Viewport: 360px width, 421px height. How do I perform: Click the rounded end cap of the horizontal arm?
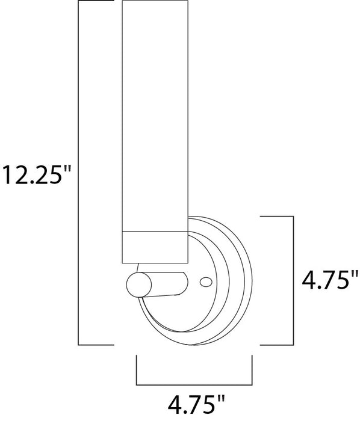[136, 284]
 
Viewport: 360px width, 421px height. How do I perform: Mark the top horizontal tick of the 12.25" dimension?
[96, 2]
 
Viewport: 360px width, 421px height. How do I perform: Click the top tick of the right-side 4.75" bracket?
[277, 215]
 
